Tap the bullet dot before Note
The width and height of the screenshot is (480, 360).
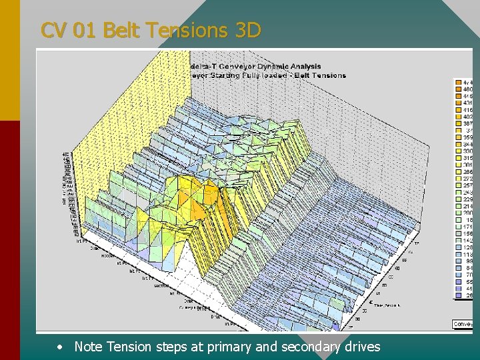click(61, 347)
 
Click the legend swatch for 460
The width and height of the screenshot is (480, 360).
click(459, 89)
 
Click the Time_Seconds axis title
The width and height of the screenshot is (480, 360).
click(387, 305)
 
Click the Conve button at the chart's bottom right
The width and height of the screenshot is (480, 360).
click(463, 324)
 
